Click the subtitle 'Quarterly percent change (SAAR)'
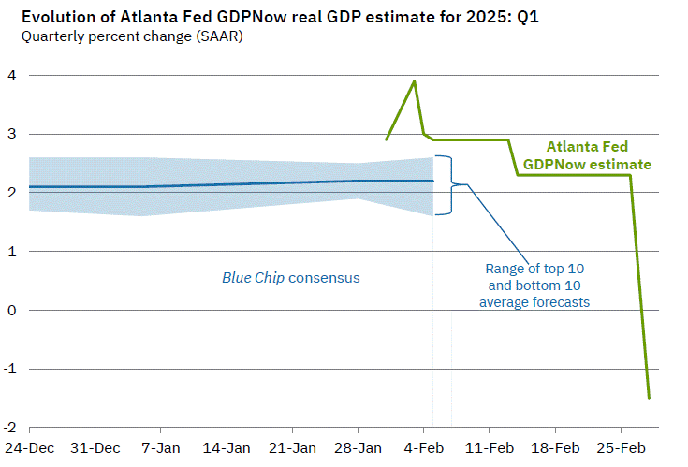[x=117, y=38]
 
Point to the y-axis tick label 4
[x=10, y=75]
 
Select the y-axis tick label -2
[x=8, y=427]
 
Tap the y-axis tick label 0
[x=10, y=310]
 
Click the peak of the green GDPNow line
[x=414, y=81]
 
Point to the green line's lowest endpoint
[x=649, y=398]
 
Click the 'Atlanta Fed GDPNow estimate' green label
[x=587, y=155]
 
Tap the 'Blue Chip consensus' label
[x=290, y=278]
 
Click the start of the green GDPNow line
[x=386, y=140]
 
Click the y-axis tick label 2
[x=10, y=193]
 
